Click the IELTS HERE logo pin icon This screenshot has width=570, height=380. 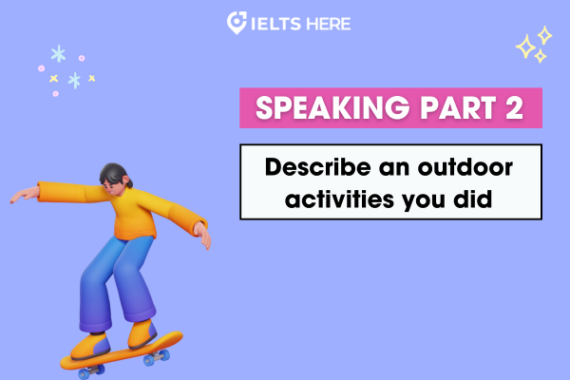point(237,23)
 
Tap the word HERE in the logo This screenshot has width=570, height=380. point(329,24)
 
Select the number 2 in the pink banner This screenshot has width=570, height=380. point(514,107)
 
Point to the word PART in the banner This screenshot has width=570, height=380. point(458,108)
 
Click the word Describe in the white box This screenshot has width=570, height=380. point(318,167)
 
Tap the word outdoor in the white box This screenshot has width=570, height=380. point(465,167)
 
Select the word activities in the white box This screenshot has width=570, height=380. point(339,199)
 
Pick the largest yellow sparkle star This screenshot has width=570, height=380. point(525,47)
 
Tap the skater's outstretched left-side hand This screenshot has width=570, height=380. point(24,194)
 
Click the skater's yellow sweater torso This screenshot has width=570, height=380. point(133,214)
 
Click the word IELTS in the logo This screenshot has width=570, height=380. point(275,24)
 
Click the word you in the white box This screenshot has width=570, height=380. point(424,201)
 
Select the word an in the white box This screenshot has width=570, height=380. point(394,169)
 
